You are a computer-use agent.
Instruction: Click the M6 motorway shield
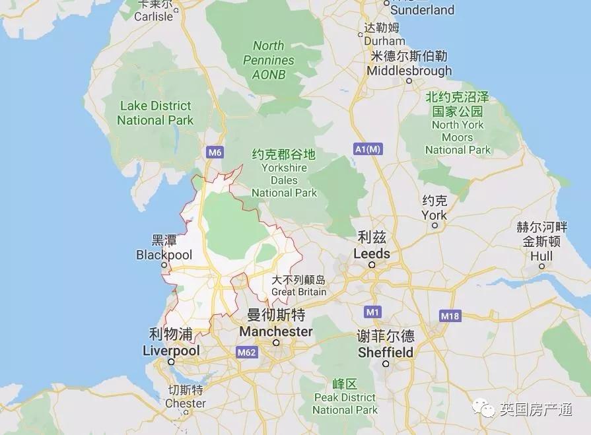click(x=215, y=152)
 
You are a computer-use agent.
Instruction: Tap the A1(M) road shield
click(x=368, y=150)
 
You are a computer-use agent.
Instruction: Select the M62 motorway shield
click(x=246, y=352)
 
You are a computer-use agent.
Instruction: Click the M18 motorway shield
click(x=450, y=316)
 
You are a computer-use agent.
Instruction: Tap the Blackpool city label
click(x=164, y=255)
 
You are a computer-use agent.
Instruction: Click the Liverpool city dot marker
click(x=171, y=362)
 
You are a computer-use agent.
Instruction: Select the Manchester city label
click(x=275, y=331)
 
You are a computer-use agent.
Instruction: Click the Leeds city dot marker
click(x=372, y=265)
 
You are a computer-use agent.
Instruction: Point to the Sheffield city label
click(x=386, y=352)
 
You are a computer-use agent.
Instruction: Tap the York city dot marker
click(x=435, y=225)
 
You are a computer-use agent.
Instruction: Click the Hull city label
click(x=541, y=256)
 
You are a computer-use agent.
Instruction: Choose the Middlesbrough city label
click(x=409, y=71)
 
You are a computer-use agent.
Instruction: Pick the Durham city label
click(x=384, y=40)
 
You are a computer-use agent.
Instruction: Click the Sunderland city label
click(x=423, y=10)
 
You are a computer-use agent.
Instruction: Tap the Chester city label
click(x=186, y=403)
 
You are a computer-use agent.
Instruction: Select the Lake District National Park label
click(x=155, y=113)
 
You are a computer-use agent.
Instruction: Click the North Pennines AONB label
click(x=269, y=60)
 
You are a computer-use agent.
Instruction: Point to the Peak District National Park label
click(x=345, y=403)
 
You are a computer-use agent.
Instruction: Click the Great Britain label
click(x=298, y=292)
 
